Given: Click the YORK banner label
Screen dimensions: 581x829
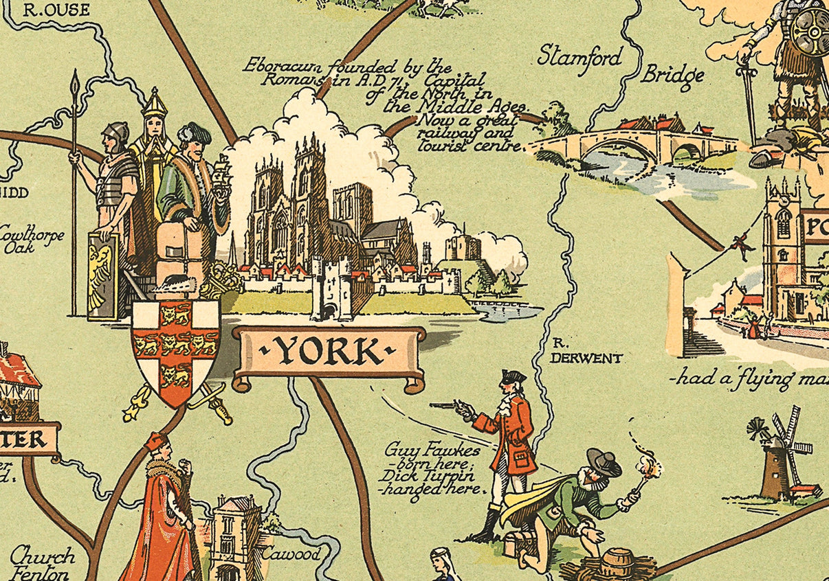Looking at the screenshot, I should pyautogui.click(x=329, y=352).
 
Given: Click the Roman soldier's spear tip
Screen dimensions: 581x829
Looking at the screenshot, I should pyautogui.click(x=75, y=82).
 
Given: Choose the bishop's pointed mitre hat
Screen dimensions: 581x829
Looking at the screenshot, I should pyautogui.click(x=155, y=104).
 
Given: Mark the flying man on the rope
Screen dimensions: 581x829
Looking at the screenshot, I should pyautogui.click(x=740, y=242).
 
